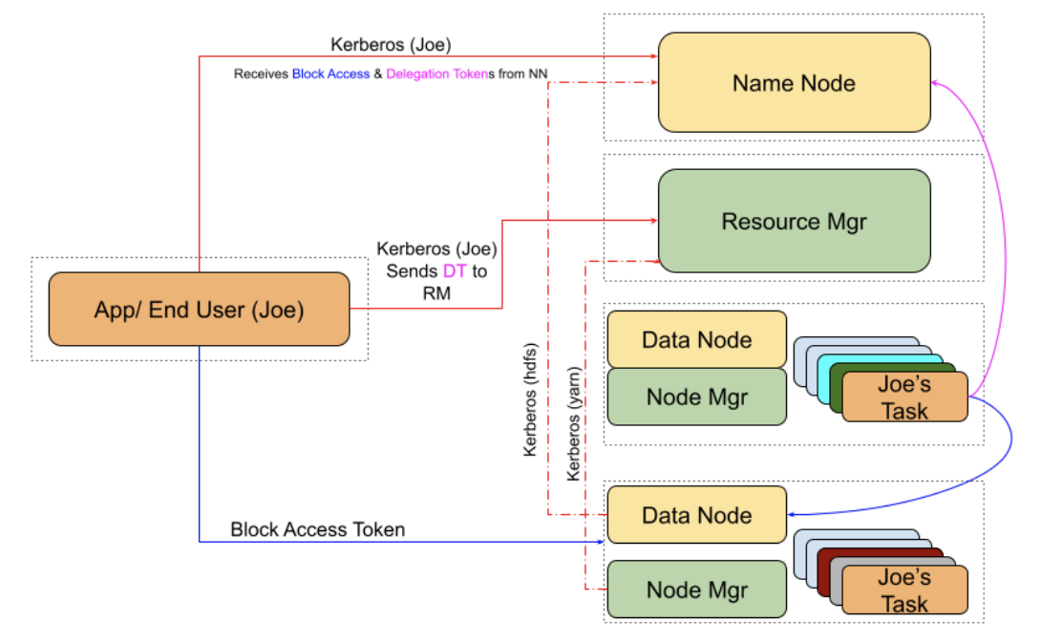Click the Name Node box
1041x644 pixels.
click(794, 82)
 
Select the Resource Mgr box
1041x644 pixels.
click(794, 221)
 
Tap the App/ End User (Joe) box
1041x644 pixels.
click(199, 309)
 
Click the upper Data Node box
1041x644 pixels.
click(696, 339)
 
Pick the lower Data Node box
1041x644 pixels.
click(696, 515)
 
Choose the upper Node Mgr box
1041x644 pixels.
click(696, 397)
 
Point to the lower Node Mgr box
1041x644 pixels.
click(696, 589)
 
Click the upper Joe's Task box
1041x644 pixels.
click(903, 397)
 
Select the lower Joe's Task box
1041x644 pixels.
click(903, 590)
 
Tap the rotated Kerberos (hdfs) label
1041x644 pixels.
click(531, 398)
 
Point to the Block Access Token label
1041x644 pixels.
click(317, 529)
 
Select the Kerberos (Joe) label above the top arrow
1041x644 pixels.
click(391, 44)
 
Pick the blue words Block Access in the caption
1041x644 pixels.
click(330, 74)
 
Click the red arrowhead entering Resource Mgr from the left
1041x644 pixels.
click(654, 221)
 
